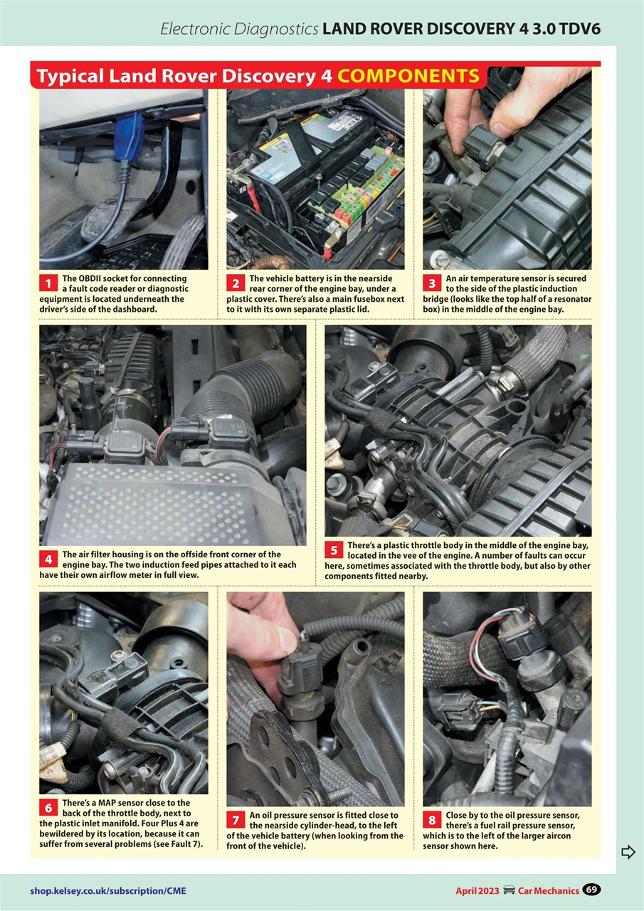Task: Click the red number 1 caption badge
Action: click(48, 284)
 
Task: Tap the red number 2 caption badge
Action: click(236, 284)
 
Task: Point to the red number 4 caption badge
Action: click(48, 559)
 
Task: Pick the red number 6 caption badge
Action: click(48, 808)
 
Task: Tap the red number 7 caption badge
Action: click(236, 821)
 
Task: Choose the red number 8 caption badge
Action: click(431, 821)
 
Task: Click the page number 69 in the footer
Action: click(591, 889)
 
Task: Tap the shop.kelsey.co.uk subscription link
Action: click(108, 890)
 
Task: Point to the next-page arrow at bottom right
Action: click(628, 852)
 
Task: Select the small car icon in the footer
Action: click(509, 890)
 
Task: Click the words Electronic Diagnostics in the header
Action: click(238, 29)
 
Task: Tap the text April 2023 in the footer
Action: click(477, 890)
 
